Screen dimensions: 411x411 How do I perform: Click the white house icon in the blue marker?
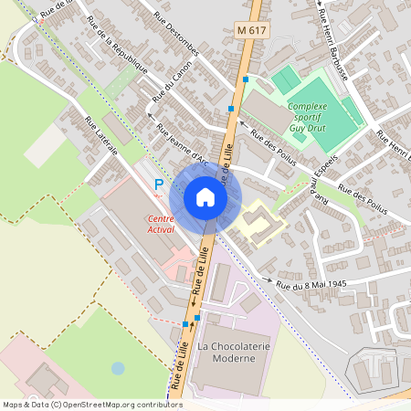tap(205, 197)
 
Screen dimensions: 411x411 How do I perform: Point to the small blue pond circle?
tap(118, 368)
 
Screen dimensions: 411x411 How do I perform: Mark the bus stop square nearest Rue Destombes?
tap(232, 108)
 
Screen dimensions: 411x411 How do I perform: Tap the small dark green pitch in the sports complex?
tap(286, 80)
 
